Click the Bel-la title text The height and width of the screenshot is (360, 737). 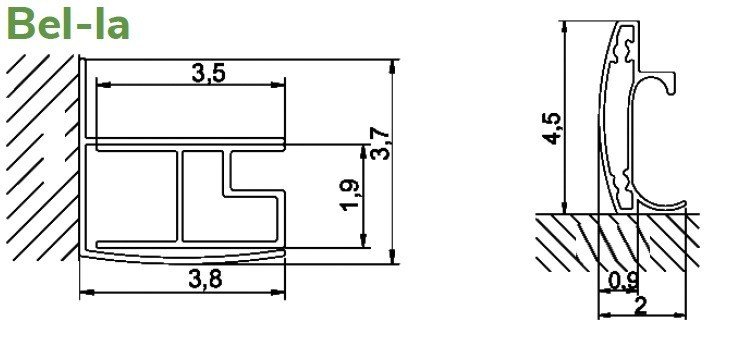coord(69,23)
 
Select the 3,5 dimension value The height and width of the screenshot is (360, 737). coord(209,73)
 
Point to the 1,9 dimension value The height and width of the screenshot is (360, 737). coord(351,195)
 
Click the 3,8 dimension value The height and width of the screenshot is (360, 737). coord(205,280)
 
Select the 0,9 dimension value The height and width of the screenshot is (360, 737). coord(624,281)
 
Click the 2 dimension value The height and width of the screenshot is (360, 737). coord(641,306)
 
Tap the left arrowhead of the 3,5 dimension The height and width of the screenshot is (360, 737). coord(103,85)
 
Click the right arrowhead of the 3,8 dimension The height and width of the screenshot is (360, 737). coord(278,292)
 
